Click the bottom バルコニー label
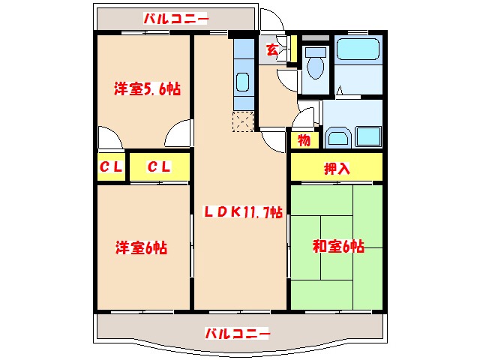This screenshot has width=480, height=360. [237, 332]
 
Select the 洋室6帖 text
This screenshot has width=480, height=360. [140, 247]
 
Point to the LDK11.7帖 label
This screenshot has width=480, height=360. [243, 212]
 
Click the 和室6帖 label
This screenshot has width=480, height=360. [337, 246]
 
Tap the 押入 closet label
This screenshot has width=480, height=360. [337, 168]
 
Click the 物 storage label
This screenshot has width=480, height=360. [304, 139]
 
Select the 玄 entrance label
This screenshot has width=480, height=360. [271, 51]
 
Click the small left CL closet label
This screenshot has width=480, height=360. [111, 167]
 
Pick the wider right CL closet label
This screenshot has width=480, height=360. [159, 167]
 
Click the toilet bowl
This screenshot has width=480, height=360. [316, 64]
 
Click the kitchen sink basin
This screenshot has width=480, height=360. [243, 82]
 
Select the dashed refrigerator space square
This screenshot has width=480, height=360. [244, 120]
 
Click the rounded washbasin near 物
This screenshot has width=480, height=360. [337, 137]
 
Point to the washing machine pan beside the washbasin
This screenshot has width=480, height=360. [367, 136]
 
